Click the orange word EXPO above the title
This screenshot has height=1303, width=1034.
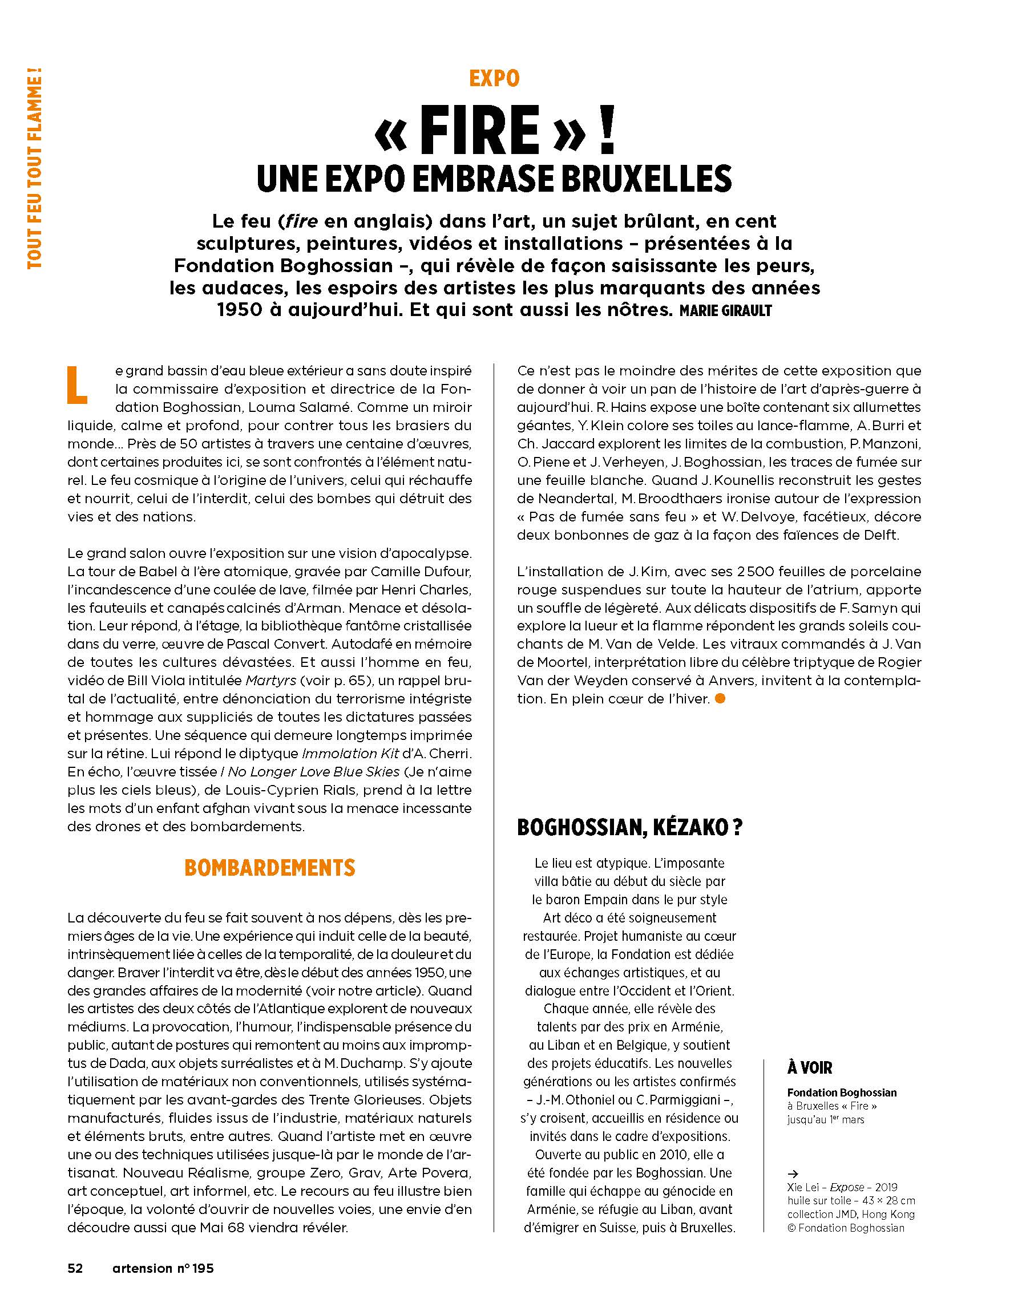coord(494,79)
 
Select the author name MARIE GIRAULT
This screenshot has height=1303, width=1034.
coord(726,311)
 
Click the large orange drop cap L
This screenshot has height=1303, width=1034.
coord(77,385)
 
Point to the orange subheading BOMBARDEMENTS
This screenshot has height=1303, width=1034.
coord(270,868)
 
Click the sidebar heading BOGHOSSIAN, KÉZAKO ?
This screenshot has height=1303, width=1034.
coord(629,827)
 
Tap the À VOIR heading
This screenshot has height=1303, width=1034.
coord(809,1068)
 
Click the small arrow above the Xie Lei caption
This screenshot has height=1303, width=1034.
coord(793,1174)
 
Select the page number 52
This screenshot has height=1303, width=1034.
coord(75,1268)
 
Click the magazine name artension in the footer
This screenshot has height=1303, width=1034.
coord(142,1268)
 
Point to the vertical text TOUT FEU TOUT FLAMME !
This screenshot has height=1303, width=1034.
coord(35,169)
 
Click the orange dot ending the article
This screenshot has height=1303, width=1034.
coord(720,699)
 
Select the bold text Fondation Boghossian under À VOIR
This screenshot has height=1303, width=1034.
coord(841,1092)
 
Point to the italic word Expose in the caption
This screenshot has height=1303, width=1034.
coord(847,1188)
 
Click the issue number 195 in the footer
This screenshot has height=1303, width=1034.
coord(203,1268)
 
